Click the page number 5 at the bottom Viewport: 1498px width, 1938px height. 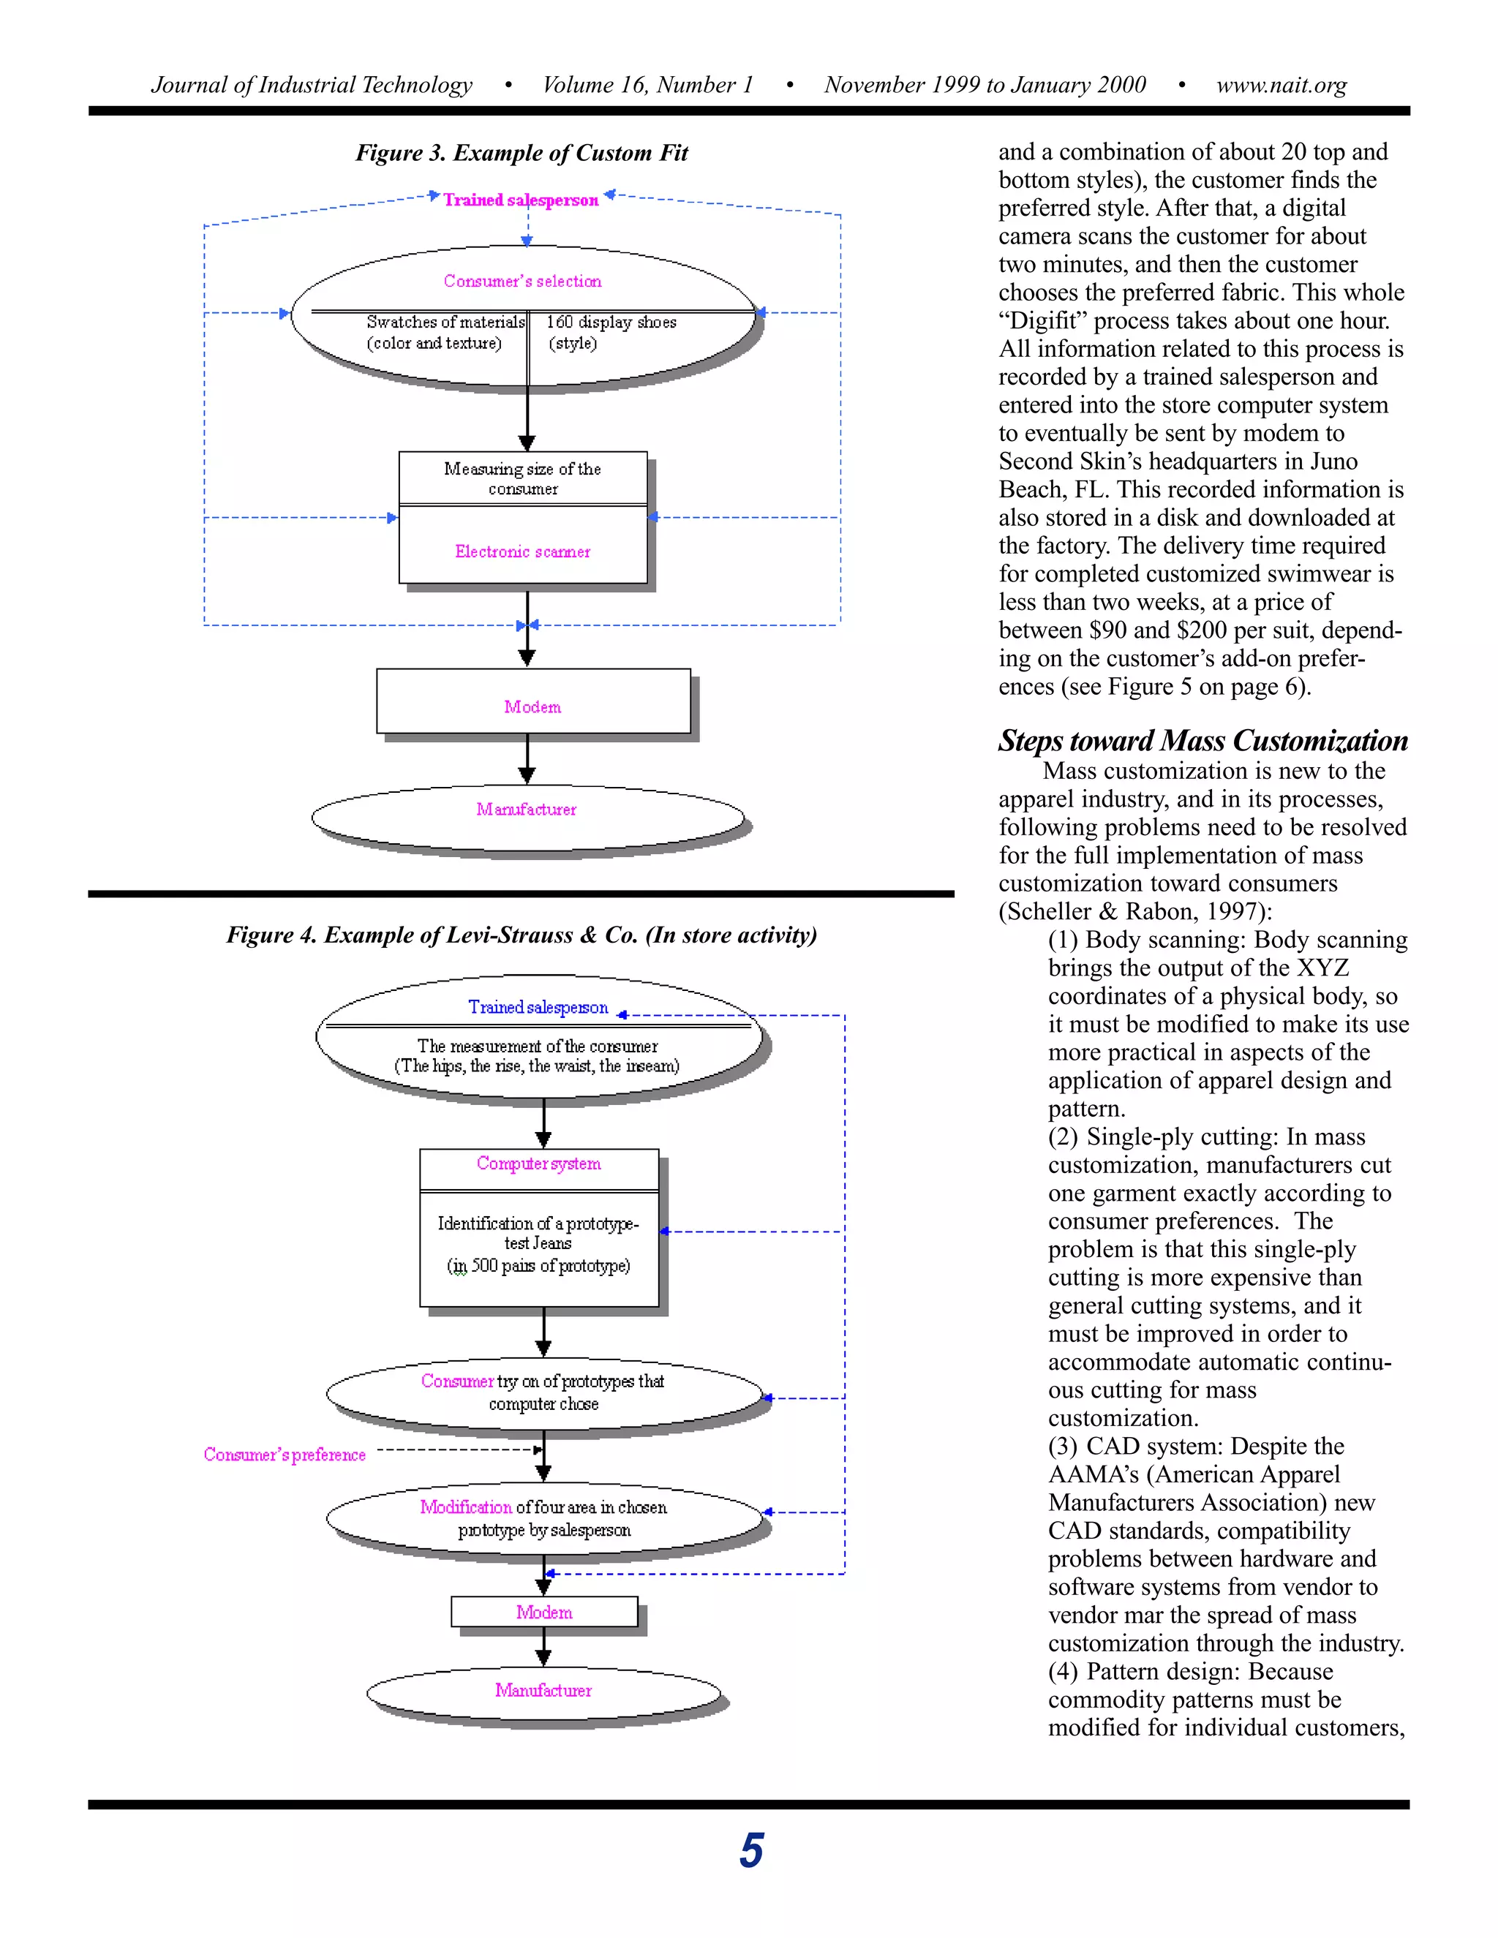pos(750,1850)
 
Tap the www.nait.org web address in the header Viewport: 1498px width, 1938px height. pos(1281,85)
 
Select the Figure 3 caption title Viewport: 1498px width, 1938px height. pos(522,154)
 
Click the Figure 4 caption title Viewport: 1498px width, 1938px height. pos(522,935)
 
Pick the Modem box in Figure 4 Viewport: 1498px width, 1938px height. pos(544,1613)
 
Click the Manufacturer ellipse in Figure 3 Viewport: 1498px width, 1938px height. pos(527,810)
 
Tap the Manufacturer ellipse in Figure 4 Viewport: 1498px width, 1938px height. pos(543,1690)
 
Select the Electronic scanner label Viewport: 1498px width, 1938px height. pos(523,552)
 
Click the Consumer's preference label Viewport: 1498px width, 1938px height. pos(284,1455)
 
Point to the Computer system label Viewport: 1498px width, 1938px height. pos(538,1164)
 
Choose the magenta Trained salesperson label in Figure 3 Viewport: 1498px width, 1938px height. pos(521,200)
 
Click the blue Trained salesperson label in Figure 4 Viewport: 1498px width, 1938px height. pos(538,1007)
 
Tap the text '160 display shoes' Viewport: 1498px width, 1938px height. pos(611,322)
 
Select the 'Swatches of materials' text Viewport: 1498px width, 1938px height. pos(445,322)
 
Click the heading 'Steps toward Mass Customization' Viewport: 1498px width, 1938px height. pos(1202,741)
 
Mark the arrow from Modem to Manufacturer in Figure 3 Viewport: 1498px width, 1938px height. pos(527,760)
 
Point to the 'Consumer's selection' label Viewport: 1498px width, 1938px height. pos(523,282)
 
